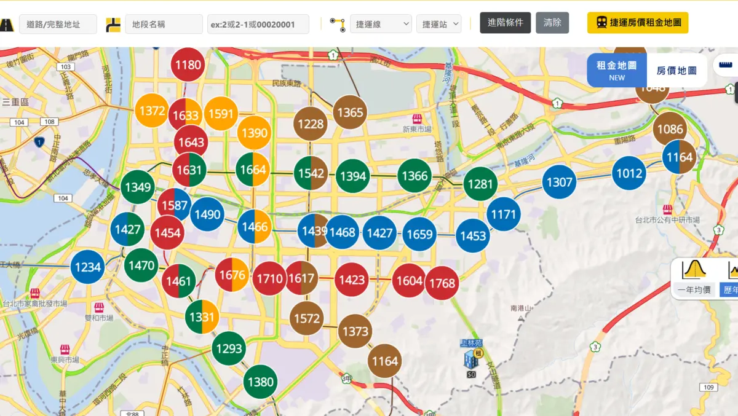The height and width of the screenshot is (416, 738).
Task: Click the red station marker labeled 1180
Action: [x=188, y=65]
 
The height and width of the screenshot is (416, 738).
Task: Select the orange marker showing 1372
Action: [x=152, y=111]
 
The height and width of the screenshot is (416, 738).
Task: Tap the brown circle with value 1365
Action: [x=350, y=112]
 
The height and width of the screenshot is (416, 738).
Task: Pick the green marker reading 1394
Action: [x=353, y=176]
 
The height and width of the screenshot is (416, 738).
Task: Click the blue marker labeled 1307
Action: [x=560, y=182]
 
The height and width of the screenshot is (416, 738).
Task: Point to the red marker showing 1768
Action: [x=442, y=283]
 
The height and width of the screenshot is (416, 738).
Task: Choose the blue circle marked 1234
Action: [x=88, y=267]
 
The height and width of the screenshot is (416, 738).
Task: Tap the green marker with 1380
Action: [x=260, y=382]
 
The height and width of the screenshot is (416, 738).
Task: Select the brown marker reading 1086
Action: [x=670, y=129]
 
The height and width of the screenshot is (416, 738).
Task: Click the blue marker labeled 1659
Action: [x=419, y=234]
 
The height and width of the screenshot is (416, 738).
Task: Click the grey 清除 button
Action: [x=552, y=23]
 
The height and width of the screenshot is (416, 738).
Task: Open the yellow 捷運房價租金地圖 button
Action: [x=638, y=23]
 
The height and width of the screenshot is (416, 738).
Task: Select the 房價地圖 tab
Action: [x=676, y=71]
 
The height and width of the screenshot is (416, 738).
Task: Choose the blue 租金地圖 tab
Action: [x=616, y=70]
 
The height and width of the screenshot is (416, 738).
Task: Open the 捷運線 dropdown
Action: [x=381, y=24]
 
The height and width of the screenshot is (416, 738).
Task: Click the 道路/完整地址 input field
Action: [x=58, y=24]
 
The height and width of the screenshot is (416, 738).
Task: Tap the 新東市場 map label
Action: [x=417, y=129]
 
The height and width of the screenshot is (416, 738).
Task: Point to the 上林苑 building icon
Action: [x=472, y=358]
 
